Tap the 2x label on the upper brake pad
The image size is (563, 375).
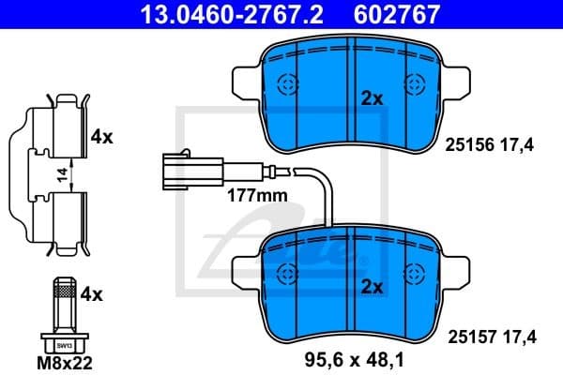pos(373,97)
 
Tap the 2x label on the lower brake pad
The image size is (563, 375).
pos(373,287)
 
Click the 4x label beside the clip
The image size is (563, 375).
pos(101,137)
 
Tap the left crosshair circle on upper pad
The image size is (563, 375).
pos(287,84)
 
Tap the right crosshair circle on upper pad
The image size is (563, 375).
pos(414,84)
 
